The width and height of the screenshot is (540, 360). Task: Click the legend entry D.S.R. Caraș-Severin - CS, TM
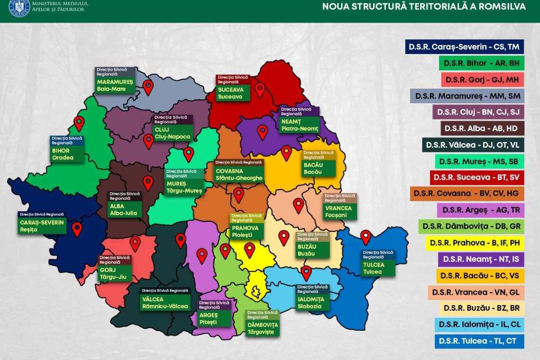click(x=464, y=47)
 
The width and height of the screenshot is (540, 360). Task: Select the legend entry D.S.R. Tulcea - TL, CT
click(x=479, y=341)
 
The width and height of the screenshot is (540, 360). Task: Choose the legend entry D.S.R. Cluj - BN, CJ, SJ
click(x=479, y=112)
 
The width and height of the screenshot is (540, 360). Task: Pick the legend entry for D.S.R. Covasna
click(x=467, y=193)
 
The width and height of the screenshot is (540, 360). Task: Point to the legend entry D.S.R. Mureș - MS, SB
click(x=478, y=161)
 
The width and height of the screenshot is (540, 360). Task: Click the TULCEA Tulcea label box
click(x=378, y=264)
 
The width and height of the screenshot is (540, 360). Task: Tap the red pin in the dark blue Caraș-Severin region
click(x=77, y=229)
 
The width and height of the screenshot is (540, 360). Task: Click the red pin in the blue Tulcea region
click(x=365, y=237)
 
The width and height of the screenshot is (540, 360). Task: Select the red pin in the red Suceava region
click(x=260, y=89)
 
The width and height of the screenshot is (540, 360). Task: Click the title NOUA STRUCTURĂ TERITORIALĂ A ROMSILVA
click(x=424, y=6)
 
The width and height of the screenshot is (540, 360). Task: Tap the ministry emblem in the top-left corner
click(x=19, y=7)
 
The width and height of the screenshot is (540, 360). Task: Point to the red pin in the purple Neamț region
click(x=262, y=132)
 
